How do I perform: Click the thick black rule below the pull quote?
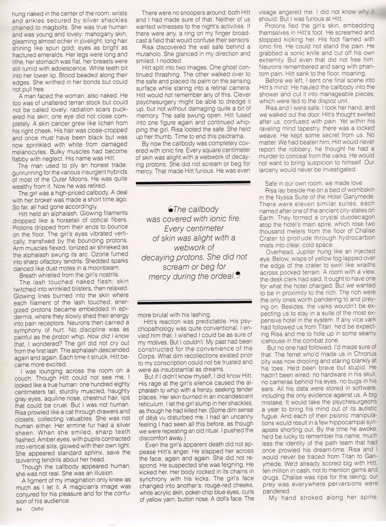point(195,301)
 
